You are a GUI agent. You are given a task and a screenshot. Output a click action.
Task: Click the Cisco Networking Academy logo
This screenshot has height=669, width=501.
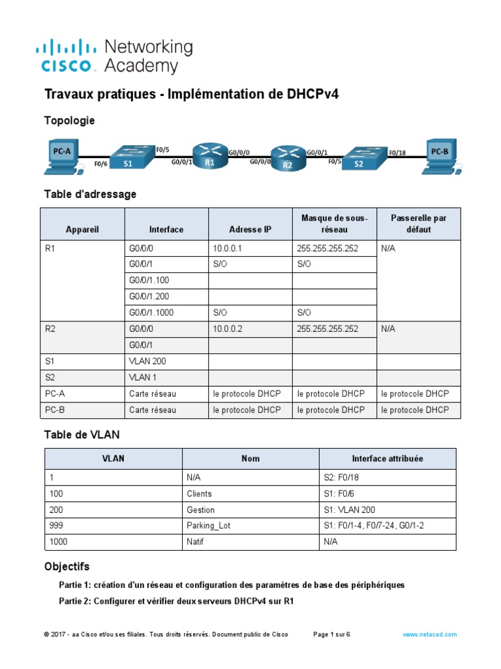[114, 56]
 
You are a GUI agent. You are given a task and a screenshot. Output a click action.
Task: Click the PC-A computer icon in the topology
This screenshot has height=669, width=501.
[63, 156]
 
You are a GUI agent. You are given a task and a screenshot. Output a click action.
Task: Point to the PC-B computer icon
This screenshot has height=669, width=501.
[440, 156]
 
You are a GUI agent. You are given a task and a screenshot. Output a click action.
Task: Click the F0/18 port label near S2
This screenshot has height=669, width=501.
[397, 153]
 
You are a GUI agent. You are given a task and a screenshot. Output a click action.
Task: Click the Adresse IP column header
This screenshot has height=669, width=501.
[250, 229]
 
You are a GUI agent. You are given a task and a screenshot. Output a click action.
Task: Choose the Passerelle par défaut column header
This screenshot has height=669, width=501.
[418, 224]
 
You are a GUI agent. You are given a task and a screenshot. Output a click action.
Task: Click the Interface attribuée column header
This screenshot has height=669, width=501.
[387, 459]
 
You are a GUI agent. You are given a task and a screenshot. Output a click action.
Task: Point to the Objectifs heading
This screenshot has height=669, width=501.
[67, 566]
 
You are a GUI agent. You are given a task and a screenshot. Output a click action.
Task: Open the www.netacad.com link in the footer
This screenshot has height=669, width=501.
[429, 634]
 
